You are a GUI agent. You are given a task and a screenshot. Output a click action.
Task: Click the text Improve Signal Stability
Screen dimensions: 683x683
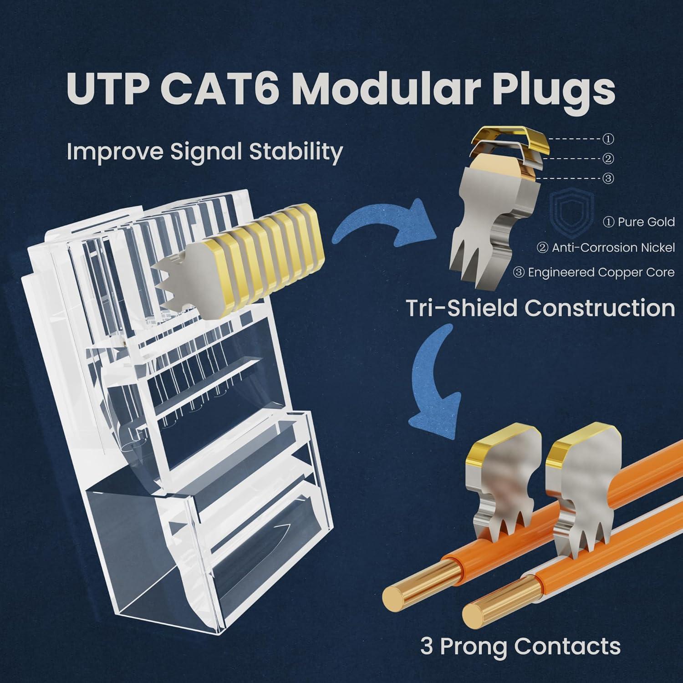click(204, 151)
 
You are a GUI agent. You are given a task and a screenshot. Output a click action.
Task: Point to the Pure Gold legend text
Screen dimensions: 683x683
click(639, 222)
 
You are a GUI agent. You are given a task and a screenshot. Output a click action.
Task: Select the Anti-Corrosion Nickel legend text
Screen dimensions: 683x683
click(606, 248)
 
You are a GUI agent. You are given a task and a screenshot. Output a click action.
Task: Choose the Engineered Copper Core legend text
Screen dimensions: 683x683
click(594, 272)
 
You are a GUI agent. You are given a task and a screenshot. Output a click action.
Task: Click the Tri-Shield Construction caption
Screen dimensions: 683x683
click(540, 308)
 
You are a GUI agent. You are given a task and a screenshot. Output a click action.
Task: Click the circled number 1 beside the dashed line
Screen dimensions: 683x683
click(608, 138)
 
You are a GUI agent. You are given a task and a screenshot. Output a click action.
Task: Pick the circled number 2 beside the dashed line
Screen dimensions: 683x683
click(608, 158)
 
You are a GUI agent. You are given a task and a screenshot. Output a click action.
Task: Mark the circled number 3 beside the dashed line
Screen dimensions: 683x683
click(608, 178)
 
